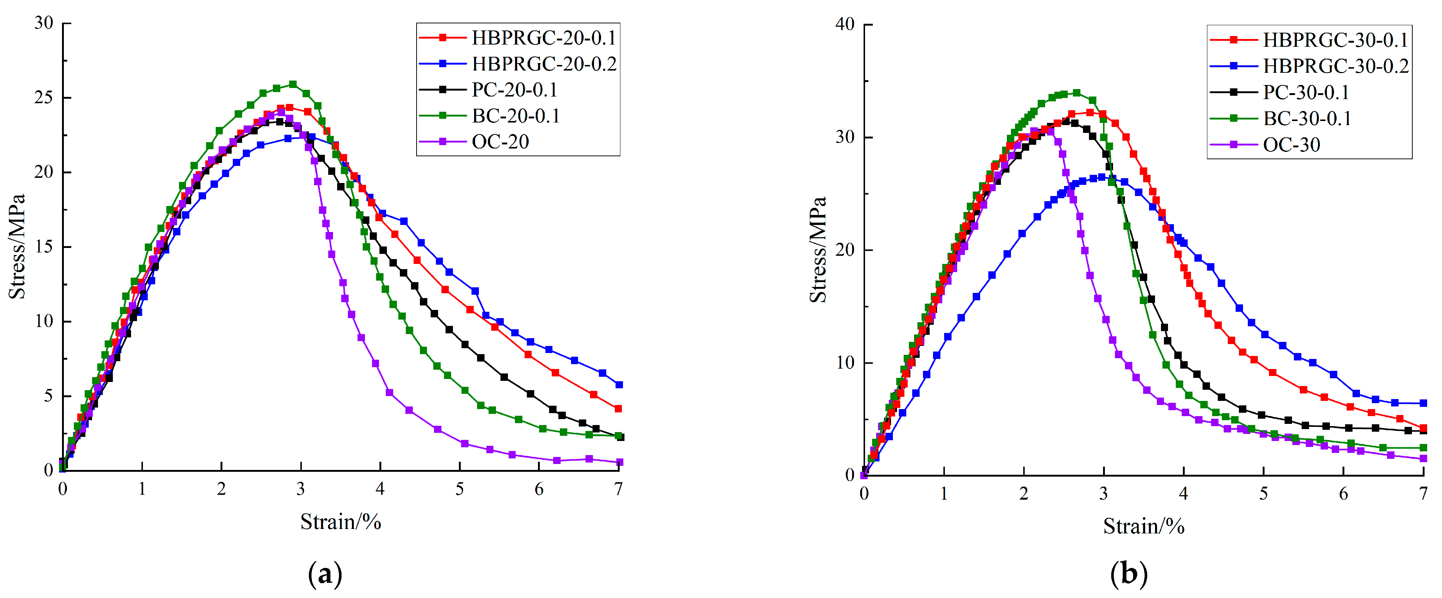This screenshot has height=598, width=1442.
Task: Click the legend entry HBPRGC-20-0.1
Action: [543, 38]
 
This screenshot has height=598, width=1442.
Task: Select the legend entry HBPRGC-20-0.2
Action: [543, 64]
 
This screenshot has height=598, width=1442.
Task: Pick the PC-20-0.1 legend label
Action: [514, 89]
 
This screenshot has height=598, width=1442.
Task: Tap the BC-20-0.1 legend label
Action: [515, 116]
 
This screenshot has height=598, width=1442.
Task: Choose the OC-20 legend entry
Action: [500, 142]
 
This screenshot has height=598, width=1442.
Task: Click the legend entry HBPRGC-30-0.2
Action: [1335, 66]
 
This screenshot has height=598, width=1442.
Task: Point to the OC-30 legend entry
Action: [1291, 145]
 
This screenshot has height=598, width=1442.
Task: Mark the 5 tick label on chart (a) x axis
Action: [460, 489]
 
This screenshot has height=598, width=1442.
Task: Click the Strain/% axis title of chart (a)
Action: [340, 522]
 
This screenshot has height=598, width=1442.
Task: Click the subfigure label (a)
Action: [325, 574]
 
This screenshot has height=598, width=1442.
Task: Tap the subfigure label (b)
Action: [1129, 574]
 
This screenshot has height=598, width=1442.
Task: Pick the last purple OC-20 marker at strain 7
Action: [619, 462]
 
